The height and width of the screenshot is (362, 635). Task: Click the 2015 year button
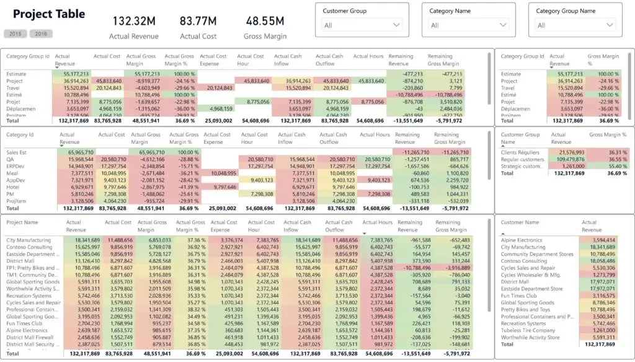click(x=15, y=33)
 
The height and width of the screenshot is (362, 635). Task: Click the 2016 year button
click(x=41, y=33)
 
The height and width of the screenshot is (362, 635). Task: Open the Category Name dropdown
click(x=469, y=25)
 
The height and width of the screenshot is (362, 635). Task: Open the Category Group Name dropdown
click(x=575, y=25)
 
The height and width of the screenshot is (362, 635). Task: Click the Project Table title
click(x=49, y=14)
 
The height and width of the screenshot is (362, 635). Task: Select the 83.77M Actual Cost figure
click(x=198, y=21)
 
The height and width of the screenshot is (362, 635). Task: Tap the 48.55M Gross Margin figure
click(x=265, y=21)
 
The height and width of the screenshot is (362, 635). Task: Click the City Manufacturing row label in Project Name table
click(x=29, y=240)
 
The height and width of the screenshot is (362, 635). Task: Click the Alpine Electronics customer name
click(x=522, y=240)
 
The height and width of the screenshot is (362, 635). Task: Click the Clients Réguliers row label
click(x=520, y=152)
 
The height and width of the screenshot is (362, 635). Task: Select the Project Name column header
click(x=22, y=222)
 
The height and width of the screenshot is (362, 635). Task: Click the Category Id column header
click(x=19, y=134)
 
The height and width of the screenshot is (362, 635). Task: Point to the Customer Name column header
click(x=520, y=222)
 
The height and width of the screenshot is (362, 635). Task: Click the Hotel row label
click(x=13, y=187)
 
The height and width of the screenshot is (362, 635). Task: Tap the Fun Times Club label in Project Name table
click(x=24, y=323)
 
